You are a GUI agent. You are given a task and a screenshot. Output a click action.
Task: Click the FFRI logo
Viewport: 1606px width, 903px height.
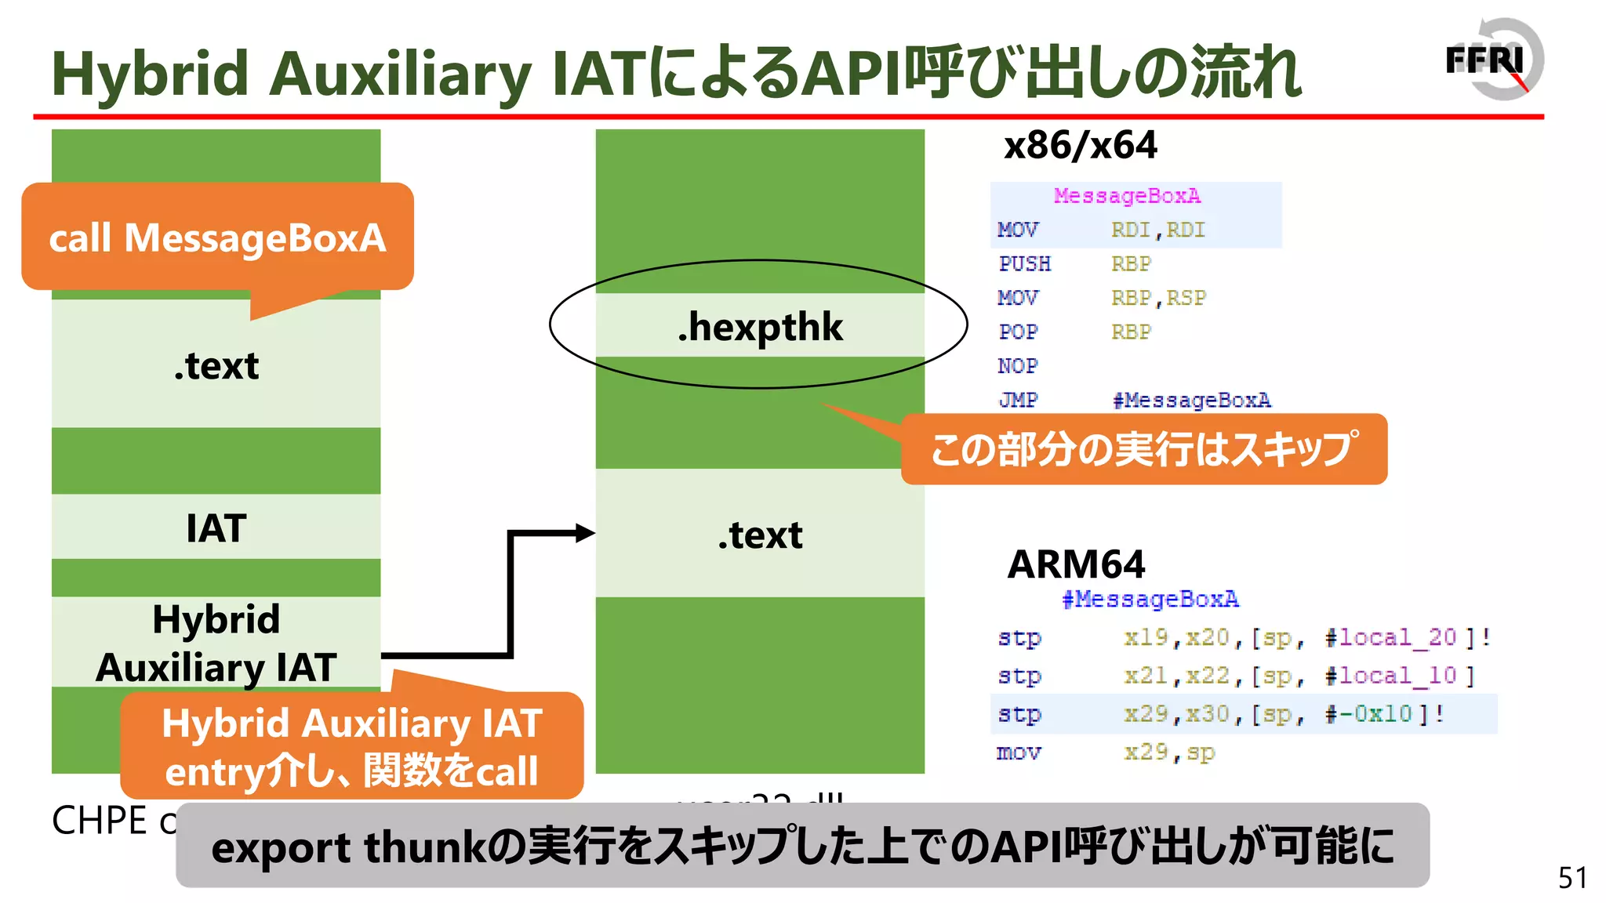click(x=1493, y=60)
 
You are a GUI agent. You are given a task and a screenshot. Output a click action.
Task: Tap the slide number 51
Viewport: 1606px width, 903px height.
click(x=1572, y=878)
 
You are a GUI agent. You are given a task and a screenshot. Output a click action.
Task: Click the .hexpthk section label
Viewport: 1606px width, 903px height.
click(x=760, y=326)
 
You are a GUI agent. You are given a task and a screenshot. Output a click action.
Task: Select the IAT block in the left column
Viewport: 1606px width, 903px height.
click(x=216, y=528)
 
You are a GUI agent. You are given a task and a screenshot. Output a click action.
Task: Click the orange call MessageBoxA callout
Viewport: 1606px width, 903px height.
click(x=217, y=238)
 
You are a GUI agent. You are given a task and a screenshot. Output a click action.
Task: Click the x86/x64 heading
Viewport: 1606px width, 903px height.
click(x=1080, y=146)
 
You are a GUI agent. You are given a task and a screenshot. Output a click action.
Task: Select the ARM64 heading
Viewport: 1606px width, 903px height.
click(x=1076, y=564)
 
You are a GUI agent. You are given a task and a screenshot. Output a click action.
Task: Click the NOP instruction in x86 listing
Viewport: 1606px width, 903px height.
click(x=1018, y=366)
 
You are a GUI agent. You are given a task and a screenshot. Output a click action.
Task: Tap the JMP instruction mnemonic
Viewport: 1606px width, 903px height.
click(x=1018, y=400)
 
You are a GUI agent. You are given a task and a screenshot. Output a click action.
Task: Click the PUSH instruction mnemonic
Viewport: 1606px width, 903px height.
click(x=1024, y=264)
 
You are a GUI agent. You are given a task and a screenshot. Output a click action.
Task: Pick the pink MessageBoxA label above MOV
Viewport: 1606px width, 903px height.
click(x=1127, y=195)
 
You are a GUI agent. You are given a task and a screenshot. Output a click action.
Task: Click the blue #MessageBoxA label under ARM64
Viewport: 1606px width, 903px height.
click(x=1150, y=600)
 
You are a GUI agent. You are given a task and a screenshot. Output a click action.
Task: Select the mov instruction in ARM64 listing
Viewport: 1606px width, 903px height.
click(x=1019, y=752)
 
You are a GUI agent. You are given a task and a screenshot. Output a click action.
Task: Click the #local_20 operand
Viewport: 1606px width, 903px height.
click(x=1390, y=637)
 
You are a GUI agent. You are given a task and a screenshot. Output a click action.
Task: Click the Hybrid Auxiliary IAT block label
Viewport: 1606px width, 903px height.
click(x=216, y=643)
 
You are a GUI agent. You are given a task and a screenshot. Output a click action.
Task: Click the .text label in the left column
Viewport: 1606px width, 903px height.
click(x=216, y=365)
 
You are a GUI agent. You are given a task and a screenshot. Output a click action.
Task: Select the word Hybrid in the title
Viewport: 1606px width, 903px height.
click(x=150, y=74)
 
